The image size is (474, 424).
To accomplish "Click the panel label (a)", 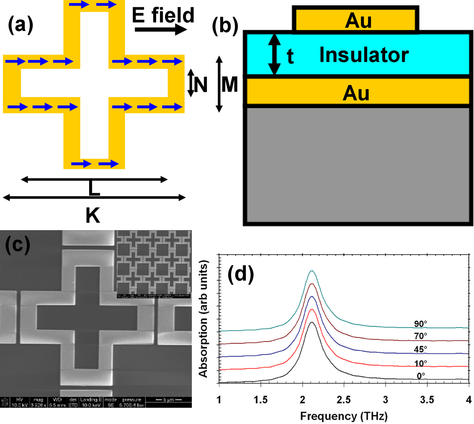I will click(x=20, y=25).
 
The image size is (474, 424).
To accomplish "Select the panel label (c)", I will click(x=18, y=245).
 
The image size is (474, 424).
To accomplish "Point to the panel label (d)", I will click(x=241, y=274).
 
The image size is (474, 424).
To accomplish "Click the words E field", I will click(x=163, y=15).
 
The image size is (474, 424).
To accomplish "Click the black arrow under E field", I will click(x=161, y=30).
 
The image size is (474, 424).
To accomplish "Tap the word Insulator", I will click(x=364, y=55).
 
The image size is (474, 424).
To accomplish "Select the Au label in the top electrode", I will click(x=358, y=21).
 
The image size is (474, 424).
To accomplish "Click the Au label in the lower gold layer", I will click(x=356, y=93).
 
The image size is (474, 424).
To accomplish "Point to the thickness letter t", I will click(x=290, y=57).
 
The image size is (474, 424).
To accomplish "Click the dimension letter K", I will click(x=93, y=216).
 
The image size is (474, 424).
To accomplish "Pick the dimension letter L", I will click(x=94, y=189).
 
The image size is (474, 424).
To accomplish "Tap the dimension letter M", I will click(x=229, y=85).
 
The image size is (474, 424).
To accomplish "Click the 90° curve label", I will click(x=420, y=324).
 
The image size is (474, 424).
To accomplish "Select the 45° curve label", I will click(x=420, y=349).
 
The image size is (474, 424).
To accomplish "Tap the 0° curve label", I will click(x=421, y=376).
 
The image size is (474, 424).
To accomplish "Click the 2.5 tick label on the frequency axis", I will click(x=343, y=400).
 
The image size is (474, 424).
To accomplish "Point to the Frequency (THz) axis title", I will click(x=343, y=416).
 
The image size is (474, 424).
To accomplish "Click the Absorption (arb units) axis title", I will click(x=203, y=318).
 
